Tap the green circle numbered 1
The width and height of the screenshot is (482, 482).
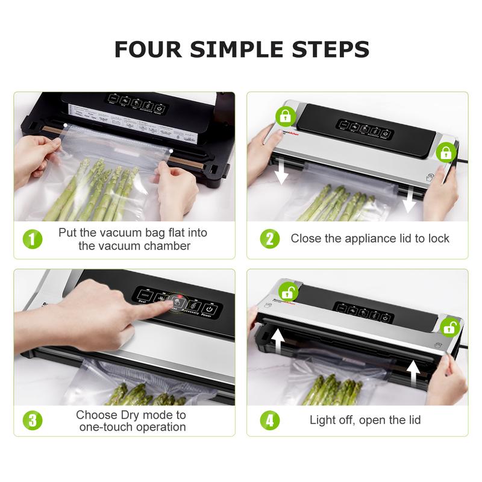click(x=34, y=239)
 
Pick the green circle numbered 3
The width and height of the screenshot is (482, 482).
click(x=34, y=420)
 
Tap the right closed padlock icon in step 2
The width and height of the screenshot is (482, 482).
click(x=446, y=152)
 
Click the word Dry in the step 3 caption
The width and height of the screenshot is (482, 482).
click(x=130, y=415)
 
